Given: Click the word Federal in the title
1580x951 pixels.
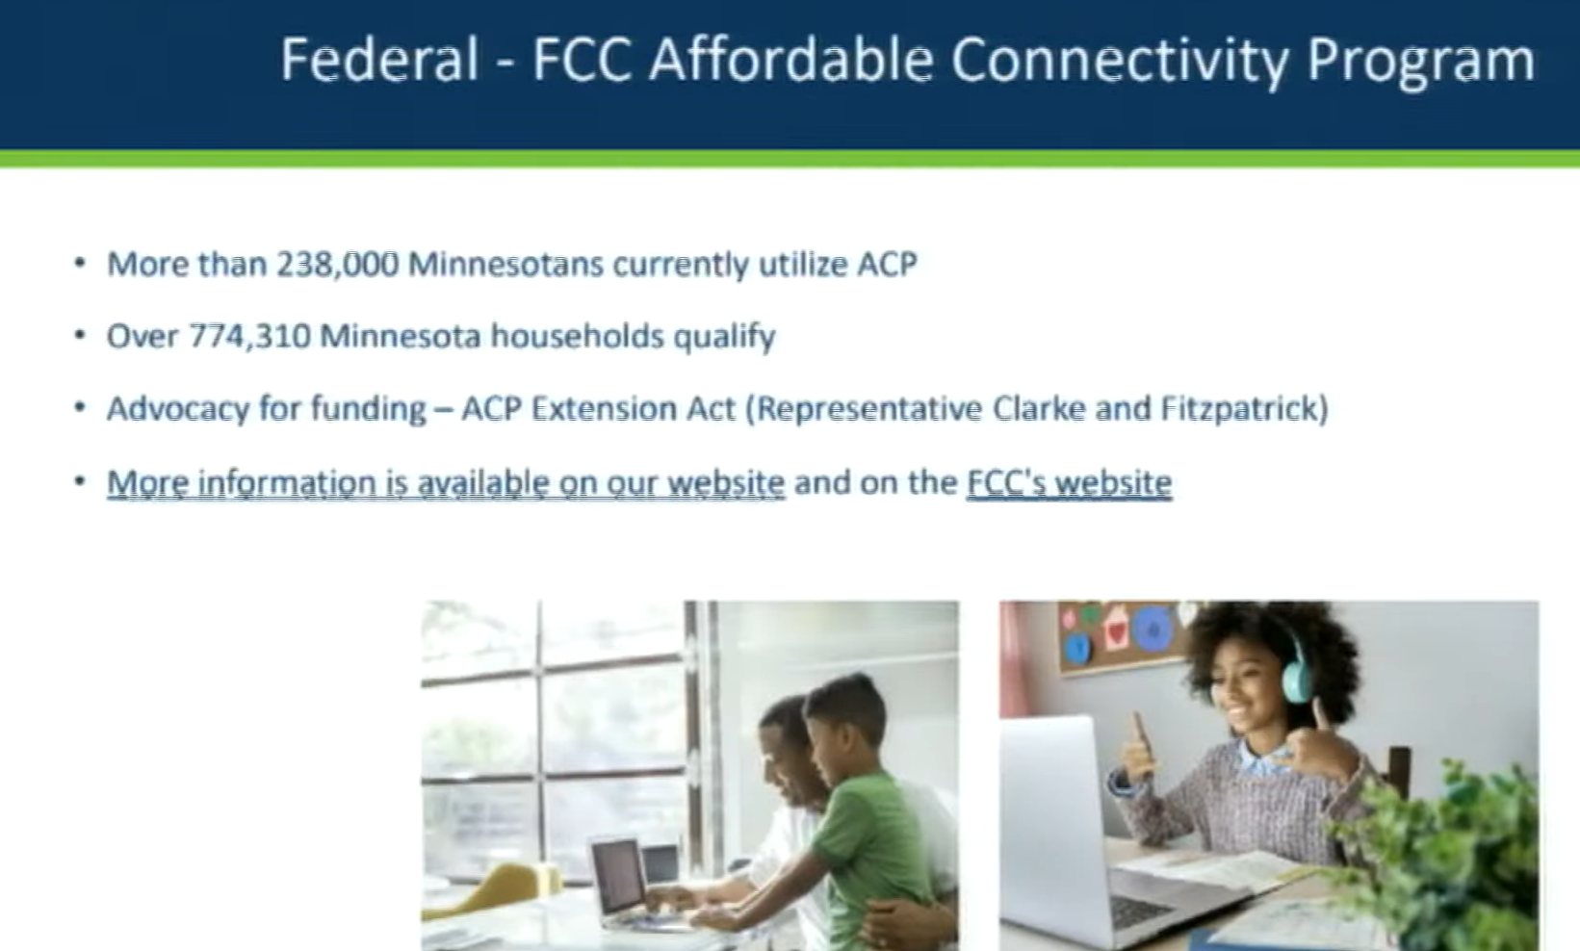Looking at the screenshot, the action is coord(380,60).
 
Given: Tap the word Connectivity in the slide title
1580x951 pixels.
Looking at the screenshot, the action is coord(1121,61).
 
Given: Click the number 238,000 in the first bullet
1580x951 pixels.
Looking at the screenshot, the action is coord(338,265).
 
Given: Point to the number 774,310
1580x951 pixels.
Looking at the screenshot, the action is coord(250,336).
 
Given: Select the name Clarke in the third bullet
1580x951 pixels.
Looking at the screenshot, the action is coord(1039,408).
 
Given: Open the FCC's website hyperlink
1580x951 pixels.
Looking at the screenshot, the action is coord(1070,484).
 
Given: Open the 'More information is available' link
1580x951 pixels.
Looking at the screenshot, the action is coord(446,484).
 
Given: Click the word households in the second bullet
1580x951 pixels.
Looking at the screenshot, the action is coord(577,336).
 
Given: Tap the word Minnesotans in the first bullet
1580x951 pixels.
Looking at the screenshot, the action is coord(505,265).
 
